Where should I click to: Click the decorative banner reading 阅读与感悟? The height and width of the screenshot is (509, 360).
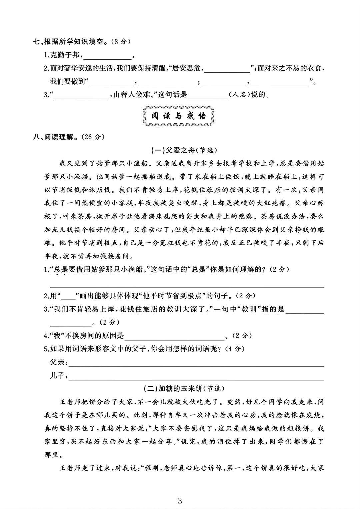pyautogui.click(x=178, y=116)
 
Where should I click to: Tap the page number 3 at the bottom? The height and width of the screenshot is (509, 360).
pyautogui.click(x=180, y=500)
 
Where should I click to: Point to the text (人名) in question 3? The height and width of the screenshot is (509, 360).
pyautogui.click(x=239, y=95)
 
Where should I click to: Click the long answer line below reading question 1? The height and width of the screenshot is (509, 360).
pyautogui.click(x=187, y=286)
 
